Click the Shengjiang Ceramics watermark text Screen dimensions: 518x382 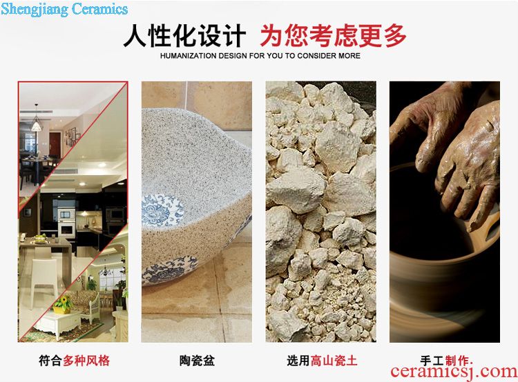pyautogui.click(x=64, y=8)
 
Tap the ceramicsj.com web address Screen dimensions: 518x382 pyautogui.click(x=454, y=372)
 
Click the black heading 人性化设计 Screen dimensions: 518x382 pyautogui.click(x=184, y=36)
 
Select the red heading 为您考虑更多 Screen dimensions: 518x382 pyautogui.click(x=333, y=36)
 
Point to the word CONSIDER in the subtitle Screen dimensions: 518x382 pyautogui.click(x=316, y=56)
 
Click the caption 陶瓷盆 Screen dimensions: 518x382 pyautogui.click(x=197, y=360)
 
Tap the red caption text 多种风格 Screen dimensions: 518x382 pyautogui.click(x=86, y=360)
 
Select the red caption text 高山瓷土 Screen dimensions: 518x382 pyautogui.click(x=334, y=360)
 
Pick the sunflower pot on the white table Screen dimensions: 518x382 pyautogui.click(x=62, y=304)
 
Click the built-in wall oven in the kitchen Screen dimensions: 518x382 pyautogui.click(x=66, y=223)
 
